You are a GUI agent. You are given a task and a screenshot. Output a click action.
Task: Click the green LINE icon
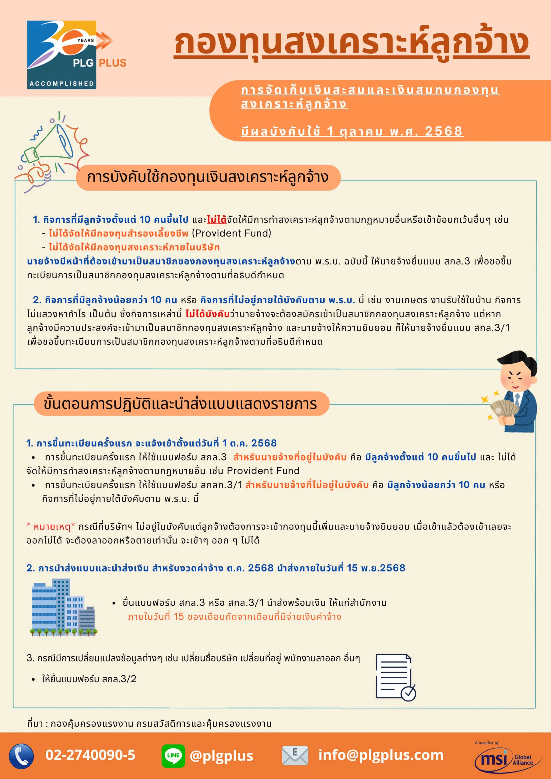point(173,756)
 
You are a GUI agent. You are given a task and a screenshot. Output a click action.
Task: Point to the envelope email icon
point(295,756)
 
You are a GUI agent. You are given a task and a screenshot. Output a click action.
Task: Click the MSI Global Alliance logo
point(507,758)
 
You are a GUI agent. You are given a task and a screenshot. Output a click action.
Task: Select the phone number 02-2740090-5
point(90,755)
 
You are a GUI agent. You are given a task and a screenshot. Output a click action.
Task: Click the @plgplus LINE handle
point(221,756)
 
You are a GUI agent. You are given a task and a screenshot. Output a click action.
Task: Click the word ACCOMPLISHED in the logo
point(62,84)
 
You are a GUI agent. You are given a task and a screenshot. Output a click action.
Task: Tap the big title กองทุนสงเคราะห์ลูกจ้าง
point(351,42)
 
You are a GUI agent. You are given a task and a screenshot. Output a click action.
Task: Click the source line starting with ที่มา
point(149,724)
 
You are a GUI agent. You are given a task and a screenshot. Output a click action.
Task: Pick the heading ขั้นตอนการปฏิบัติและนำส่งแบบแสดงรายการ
point(181,404)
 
